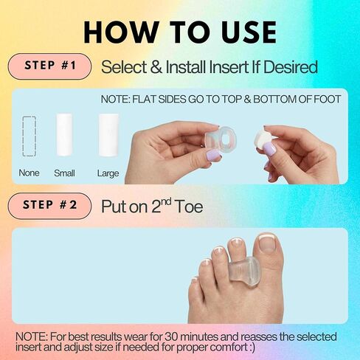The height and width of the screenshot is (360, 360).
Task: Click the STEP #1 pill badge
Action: pos(49,66)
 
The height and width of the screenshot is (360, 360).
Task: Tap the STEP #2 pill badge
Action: pos(49,206)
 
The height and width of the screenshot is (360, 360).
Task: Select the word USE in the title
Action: pos(246,32)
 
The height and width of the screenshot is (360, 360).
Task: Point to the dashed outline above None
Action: pos(30,136)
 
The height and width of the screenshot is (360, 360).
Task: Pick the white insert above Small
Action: pos(64,135)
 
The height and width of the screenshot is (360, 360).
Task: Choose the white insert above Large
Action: pos(108,135)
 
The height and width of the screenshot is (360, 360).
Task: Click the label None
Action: pos(29,173)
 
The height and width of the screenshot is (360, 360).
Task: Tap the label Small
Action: pos(64,173)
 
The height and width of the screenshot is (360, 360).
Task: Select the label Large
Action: pos(108,173)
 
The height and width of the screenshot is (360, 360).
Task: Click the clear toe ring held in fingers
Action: pos(221,139)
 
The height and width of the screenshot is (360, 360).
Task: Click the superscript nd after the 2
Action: pos(166,202)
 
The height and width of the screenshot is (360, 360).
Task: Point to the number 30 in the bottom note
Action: pos(171,336)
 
